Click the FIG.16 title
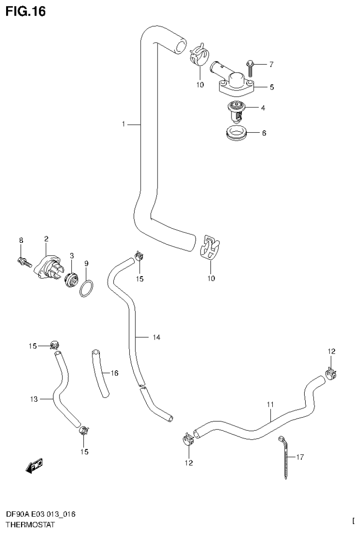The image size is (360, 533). point(25,11)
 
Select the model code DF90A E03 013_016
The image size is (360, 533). point(40,515)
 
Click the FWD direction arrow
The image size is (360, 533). point(34,465)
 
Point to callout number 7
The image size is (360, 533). point(270,64)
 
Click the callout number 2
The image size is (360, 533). point(46,239)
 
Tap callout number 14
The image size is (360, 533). point(156,337)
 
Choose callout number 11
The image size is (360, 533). point(270,404)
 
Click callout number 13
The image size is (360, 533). point(33,399)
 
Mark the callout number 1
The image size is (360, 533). point(123,124)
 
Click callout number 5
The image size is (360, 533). point(271,87)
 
